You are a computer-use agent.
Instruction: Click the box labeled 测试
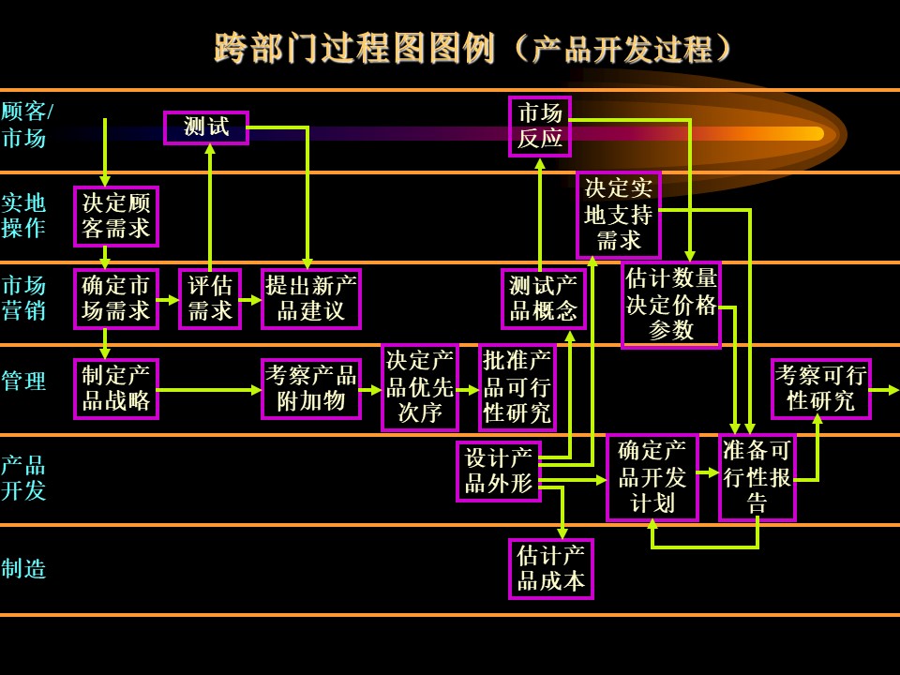(x=206, y=127)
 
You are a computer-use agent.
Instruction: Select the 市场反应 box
(x=540, y=127)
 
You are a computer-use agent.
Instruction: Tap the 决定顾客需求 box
(x=116, y=217)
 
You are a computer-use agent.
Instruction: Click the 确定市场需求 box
(x=116, y=298)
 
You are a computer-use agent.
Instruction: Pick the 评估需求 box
(x=209, y=298)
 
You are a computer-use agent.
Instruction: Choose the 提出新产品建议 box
(x=311, y=298)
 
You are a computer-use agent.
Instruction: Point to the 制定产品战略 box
(x=116, y=389)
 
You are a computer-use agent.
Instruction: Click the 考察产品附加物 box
(x=311, y=389)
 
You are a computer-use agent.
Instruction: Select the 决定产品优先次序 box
(x=420, y=387)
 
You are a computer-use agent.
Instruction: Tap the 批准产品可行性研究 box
(x=517, y=387)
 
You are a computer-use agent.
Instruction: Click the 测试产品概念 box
(x=544, y=298)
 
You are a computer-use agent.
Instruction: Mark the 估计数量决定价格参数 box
(x=671, y=306)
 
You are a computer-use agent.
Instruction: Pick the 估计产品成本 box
(x=551, y=569)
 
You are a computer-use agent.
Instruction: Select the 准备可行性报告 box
(x=757, y=477)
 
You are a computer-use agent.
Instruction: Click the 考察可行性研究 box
(x=821, y=389)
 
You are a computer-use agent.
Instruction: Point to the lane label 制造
(x=23, y=569)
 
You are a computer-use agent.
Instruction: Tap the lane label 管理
(x=23, y=382)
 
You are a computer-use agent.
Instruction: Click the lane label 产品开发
(x=23, y=477)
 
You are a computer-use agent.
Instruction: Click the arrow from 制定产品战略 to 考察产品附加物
(x=210, y=390)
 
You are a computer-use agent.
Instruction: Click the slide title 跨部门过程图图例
(x=354, y=48)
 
